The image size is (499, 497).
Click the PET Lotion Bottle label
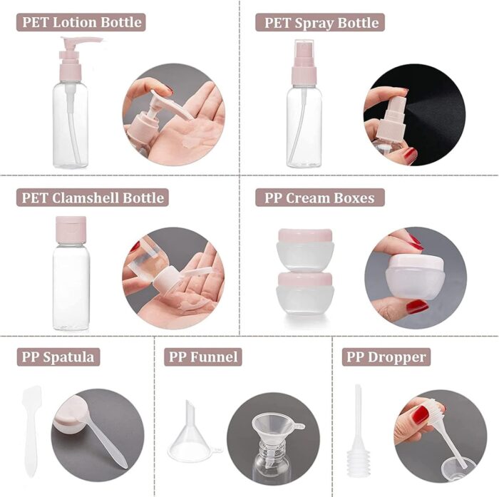[81, 22]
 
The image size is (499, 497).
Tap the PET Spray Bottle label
[320, 22]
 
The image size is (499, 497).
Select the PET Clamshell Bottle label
[93, 198]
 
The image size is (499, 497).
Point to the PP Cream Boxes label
[320, 198]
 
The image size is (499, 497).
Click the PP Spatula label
[58, 357]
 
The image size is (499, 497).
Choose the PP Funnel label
[203, 357]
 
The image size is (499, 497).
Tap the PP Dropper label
[386, 357]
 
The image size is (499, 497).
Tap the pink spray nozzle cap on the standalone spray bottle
[304, 63]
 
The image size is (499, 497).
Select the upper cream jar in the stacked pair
[305, 249]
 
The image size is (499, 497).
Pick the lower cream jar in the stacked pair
[305, 293]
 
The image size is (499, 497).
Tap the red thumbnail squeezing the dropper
[422, 414]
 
